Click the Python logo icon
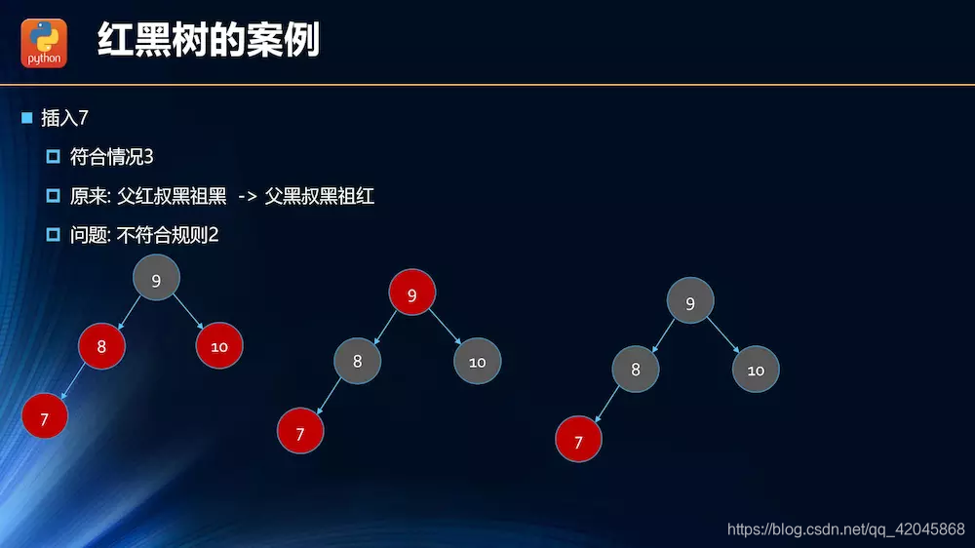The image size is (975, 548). coord(44,43)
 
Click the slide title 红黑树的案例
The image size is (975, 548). coord(209,41)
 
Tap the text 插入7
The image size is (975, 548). coord(65,118)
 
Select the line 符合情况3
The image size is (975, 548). coord(112,157)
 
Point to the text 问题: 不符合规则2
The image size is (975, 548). coord(144,235)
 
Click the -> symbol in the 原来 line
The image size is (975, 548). coord(247,197)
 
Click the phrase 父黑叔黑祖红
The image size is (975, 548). coord(320,197)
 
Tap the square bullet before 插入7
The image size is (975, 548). coord(27,118)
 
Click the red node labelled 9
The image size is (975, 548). coord(411,294)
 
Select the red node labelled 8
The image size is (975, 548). coord(101,345)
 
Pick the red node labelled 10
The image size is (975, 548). coord(218,345)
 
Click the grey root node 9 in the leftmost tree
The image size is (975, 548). coord(156,280)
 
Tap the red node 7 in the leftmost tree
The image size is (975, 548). coord(45,417)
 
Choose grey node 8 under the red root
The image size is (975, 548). coord(357,361)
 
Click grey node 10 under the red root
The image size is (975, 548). coord(477,361)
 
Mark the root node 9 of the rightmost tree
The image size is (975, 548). coord(690,302)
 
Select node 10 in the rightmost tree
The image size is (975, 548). coord(756,370)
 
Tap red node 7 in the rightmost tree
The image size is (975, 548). coord(578,441)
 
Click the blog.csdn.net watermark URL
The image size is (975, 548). coord(845,528)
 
